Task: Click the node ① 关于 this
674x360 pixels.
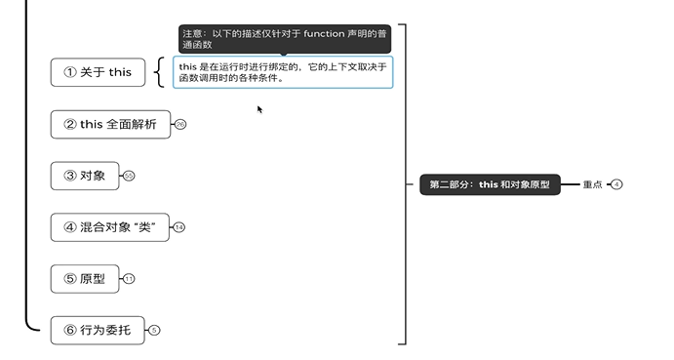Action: click(97, 72)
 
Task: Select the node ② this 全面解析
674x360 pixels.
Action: click(109, 124)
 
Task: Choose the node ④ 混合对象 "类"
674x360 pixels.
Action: click(109, 227)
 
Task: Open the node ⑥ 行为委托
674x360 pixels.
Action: click(97, 330)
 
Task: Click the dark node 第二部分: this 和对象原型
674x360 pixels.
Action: click(490, 184)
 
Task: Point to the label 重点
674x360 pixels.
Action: click(592, 184)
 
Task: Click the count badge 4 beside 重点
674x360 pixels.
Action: click(616, 184)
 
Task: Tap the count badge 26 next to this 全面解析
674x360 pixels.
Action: click(179, 125)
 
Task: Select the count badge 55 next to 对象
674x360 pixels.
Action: click(129, 176)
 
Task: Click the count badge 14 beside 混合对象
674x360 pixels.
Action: click(178, 227)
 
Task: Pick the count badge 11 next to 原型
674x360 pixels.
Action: click(129, 279)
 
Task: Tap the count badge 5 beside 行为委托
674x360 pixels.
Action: click(154, 331)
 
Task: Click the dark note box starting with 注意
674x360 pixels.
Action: click(284, 39)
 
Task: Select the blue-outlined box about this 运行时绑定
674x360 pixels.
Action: click(283, 72)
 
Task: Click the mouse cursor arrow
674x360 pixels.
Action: click(259, 109)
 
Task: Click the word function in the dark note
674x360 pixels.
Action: click(324, 33)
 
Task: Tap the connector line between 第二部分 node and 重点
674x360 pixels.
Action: click(572, 184)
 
